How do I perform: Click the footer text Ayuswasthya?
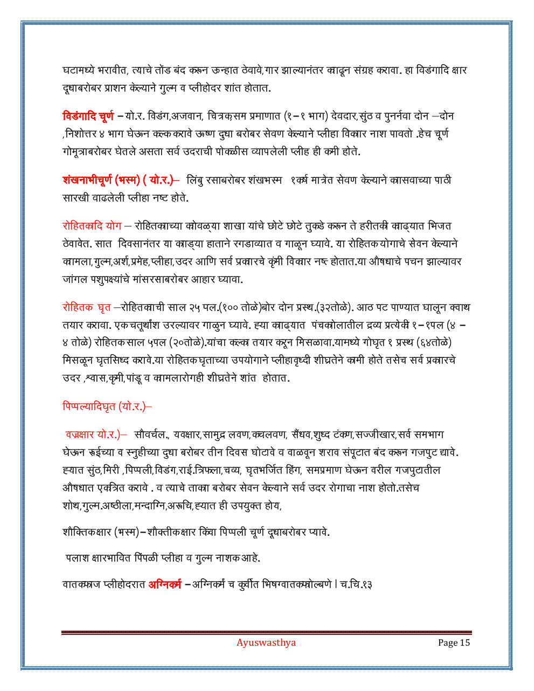[x=266, y=642]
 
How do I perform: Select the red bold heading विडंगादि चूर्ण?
[x=88, y=116]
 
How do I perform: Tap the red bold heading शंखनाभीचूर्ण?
[x=101, y=180]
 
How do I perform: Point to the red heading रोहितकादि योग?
[x=92, y=226]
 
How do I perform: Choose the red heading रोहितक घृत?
[x=86, y=308]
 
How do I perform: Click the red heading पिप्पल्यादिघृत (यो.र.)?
[x=107, y=406]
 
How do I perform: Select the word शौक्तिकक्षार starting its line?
[x=86, y=533]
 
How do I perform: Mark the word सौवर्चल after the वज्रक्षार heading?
[x=151, y=434]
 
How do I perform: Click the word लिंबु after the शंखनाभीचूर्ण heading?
[x=197, y=180]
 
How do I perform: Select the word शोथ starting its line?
[x=71, y=506]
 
